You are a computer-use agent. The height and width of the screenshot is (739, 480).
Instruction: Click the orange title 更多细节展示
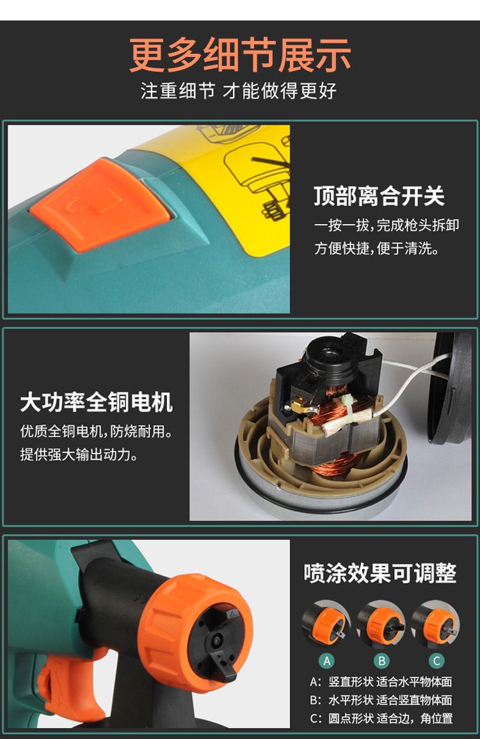(x=240, y=55)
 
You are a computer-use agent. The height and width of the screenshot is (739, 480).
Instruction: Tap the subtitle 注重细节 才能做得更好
(x=239, y=90)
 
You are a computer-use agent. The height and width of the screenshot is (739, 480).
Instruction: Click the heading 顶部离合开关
(x=379, y=196)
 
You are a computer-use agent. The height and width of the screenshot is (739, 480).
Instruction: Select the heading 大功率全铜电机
(x=96, y=402)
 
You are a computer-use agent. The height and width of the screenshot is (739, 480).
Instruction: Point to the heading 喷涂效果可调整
(x=380, y=573)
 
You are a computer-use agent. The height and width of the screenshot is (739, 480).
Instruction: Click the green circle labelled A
(x=327, y=661)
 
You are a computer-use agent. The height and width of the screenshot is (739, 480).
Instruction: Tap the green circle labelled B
(x=381, y=661)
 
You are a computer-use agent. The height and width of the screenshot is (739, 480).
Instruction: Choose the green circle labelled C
(x=436, y=661)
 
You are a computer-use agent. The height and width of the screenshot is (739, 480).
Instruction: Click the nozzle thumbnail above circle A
(x=326, y=623)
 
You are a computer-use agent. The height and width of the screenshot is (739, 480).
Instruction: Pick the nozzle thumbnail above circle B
(x=381, y=623)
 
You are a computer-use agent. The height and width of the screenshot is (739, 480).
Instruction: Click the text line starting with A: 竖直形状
(x=381, y=681)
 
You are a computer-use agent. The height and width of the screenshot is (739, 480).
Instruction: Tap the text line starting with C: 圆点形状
(x=381, y=719)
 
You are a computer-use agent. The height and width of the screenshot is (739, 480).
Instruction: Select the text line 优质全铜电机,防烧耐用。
(x=96, y=431)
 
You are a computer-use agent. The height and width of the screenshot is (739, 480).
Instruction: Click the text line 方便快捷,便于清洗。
(x=377, y=248)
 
